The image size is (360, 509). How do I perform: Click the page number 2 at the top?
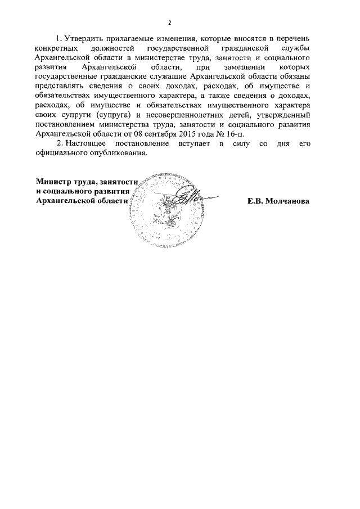[x=169, y=22]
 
